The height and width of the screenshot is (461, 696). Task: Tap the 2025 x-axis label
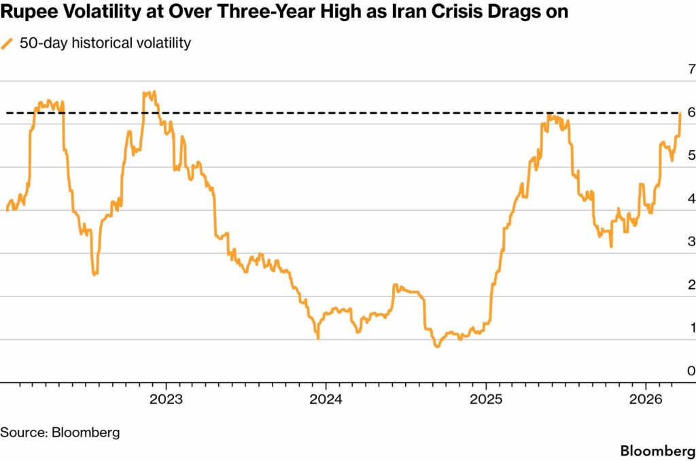click(x=486, y=398)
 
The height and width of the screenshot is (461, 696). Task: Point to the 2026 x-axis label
click(x=646, y=398)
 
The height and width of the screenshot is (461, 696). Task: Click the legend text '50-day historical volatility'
click(x=105, y=44)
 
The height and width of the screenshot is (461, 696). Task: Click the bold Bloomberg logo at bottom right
click(x=657, y=451)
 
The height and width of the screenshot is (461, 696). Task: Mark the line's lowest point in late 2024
click(x=437, y=347)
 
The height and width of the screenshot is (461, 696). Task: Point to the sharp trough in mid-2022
click(x=94, y=274)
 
